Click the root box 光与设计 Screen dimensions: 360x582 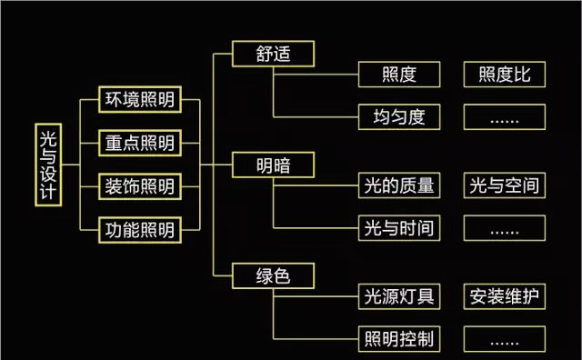coord(49,164)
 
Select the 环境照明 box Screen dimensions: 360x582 coord(138,98)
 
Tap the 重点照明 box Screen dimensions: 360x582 coord(138,142)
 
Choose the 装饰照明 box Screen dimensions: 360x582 coord(138,185)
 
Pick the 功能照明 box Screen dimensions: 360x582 coord(138,229)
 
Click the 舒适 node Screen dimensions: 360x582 coord(274,53)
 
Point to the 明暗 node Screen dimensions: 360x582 coord(274,165)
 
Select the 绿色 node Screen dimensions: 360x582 coord(274,275)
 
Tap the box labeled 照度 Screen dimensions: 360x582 coord(400,75)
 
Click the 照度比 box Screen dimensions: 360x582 coord(505,75)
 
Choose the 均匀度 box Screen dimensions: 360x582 coord(400,117)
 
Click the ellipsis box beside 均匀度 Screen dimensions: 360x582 coord(505,117)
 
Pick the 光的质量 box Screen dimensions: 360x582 coord(400,185)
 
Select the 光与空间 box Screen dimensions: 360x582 coord(505,185)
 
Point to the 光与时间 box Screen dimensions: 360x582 coord(400,228)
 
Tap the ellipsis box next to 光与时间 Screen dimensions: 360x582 coord(505,228)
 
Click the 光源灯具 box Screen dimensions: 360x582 coord(400,296)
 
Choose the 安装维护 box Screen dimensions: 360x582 coord(505,296)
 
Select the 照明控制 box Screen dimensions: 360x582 coord(400,340)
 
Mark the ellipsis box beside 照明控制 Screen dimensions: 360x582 coord(505,340)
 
